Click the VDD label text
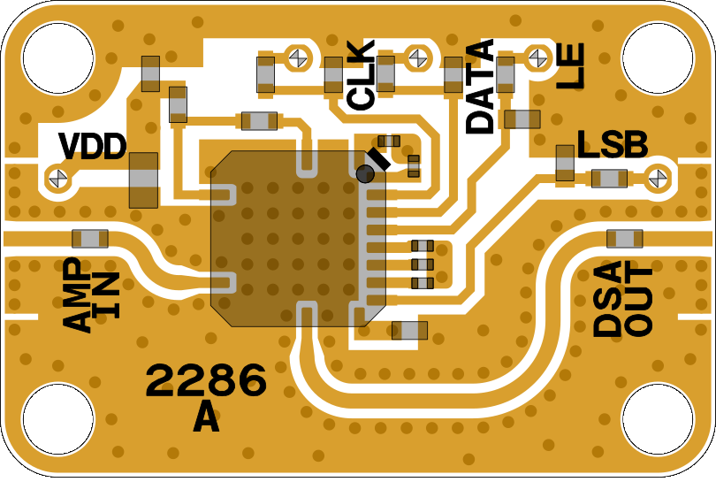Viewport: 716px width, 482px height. [x=92, y=146]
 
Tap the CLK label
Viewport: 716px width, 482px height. [x=362, y=75]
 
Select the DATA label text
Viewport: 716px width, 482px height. [x=480, y=88]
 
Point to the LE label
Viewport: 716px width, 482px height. [x=571, y=68]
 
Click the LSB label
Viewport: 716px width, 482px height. [x=613, y=144]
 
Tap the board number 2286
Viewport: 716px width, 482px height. [x=206, y=381]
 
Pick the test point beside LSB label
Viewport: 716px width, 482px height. [x=657, y=178]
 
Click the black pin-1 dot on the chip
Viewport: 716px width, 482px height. [x=365, y=173]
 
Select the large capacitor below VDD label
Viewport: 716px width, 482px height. [x=143, y=180]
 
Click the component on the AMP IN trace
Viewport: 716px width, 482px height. [x=90, y=238]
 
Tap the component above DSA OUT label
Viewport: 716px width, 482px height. [x=625, y=238]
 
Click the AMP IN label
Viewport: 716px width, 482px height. [x=92, y=296]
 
